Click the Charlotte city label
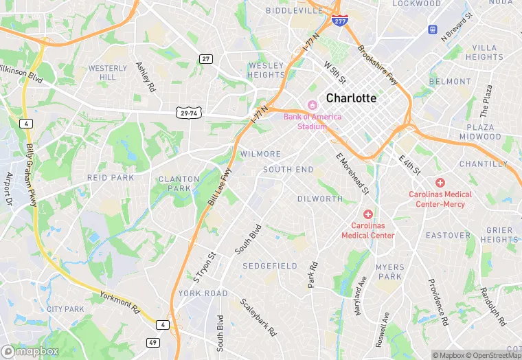(x=351, y=98)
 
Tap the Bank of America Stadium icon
(x=313, y=105)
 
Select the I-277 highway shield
(x=339, y=21)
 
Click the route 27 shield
(x=205, y=59)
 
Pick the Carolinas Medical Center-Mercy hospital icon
(x=440, y=182)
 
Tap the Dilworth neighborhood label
(x=319, y=199)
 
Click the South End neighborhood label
(x=288, y=169)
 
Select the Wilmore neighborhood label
(x=260, y=154)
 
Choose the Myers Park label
(x=389, y=272)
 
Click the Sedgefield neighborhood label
(x=270, y=266)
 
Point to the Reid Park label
(x=111, y=177)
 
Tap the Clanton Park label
(x=179, y=183)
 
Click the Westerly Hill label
(x=108, y=73)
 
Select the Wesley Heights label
(x=266, y=70)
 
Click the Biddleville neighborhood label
(x=294, y=11)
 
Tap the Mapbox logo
(x=30, y=351)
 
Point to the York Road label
(x=203, y=293)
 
